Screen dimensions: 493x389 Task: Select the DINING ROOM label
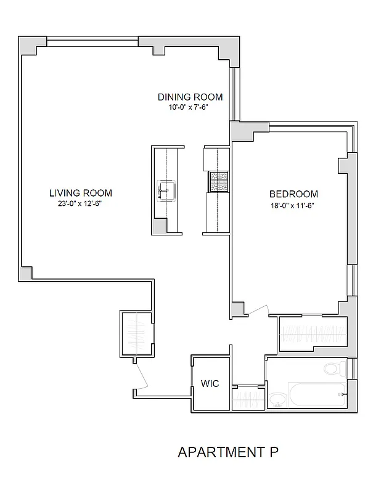(189, 97)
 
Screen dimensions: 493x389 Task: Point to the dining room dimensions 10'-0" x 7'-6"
(189, 107)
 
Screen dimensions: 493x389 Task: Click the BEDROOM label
(293, 194)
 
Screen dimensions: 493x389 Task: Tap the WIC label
(210, 383)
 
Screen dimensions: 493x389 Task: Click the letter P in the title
(274, 452)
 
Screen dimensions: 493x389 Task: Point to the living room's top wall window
(92, 41)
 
